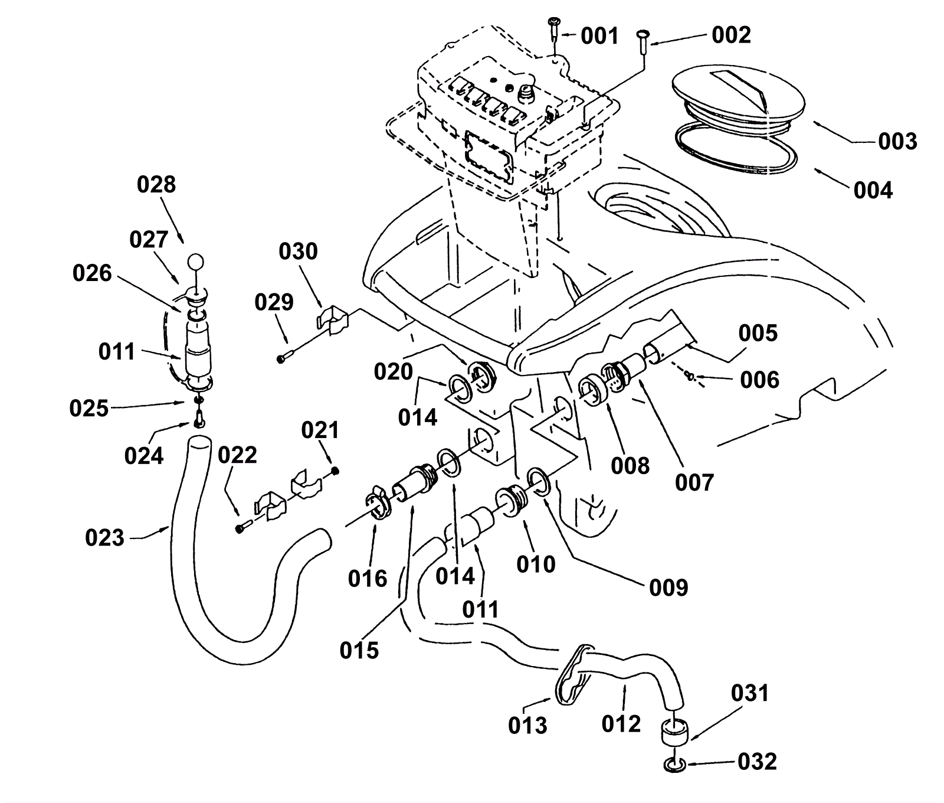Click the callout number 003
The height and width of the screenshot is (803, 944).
897,142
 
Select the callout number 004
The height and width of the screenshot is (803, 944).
873,190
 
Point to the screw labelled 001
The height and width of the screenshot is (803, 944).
554,27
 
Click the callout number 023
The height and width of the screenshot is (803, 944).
104,538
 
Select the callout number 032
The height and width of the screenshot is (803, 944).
757,762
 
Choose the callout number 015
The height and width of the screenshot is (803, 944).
359,650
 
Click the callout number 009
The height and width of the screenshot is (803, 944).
668,587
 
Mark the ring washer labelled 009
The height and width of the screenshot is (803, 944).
539,478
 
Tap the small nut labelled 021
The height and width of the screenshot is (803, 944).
336,471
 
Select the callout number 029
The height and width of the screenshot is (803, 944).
274,302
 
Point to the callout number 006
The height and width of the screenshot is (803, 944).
759,380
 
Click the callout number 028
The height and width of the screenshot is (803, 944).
156,185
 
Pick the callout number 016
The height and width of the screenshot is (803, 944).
368,579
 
